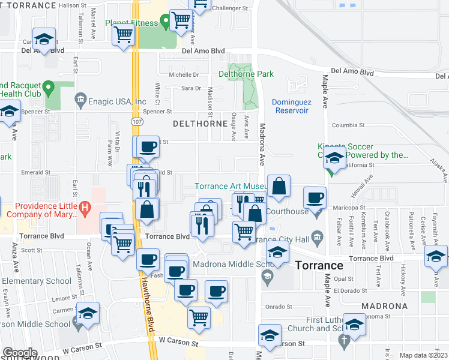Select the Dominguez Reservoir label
point(292,106)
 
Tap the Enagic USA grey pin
point(80,99)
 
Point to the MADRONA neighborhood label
point(384,306)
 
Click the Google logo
point(20,353)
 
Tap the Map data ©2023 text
point(423,355)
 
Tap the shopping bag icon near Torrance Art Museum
point(279,187)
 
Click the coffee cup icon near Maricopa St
point(315,198)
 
